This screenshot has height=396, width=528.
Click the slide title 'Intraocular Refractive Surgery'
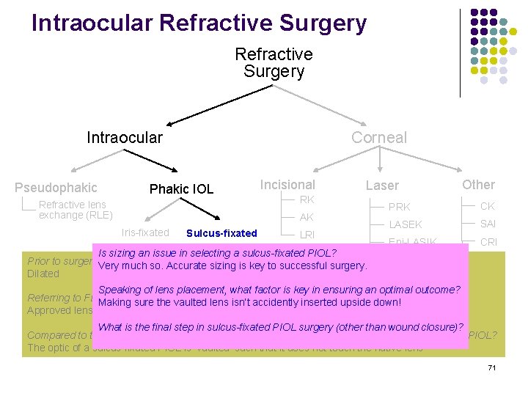199,23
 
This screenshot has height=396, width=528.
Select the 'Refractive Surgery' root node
274,63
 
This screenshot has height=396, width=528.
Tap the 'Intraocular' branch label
125,137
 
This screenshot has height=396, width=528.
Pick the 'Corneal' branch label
378,137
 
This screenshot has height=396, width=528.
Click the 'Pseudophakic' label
56,188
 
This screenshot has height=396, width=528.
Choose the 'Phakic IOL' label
181,189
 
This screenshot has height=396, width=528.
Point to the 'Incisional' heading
287,185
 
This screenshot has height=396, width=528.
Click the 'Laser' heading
382,186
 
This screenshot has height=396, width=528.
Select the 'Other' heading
478,185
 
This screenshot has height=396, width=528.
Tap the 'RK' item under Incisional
307,200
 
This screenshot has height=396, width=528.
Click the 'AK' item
307,218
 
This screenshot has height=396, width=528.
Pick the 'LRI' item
307,234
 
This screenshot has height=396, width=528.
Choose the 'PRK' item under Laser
399,207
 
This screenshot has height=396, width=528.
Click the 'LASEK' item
405,224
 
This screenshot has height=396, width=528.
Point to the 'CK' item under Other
488,206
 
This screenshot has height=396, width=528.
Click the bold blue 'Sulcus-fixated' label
221,234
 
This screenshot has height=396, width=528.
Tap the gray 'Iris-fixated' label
145,232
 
